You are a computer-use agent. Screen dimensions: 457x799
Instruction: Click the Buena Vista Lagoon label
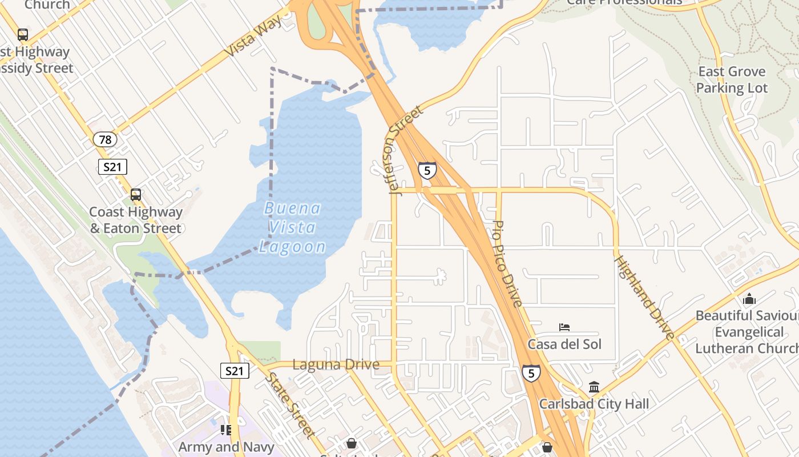(293, 227)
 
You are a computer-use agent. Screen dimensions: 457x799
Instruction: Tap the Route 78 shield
(105, 139)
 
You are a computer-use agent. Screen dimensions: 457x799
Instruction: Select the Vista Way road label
(254, 35)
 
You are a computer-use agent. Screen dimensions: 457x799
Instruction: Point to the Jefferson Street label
(406, 149)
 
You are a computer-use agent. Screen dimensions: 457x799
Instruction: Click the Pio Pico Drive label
(507, 263)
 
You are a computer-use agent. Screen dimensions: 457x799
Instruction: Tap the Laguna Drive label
(336, 364)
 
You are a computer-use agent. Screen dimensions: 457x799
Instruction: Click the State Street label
(290, 404)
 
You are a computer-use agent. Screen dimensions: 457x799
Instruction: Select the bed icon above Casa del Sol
(564, 327)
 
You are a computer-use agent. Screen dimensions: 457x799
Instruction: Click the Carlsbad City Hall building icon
(594, 387)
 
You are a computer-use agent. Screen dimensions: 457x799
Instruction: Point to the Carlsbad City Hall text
(594, 404)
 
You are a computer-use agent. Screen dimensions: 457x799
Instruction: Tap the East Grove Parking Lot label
(732, 80)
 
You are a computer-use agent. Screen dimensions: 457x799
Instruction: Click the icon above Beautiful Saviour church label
(749, 299)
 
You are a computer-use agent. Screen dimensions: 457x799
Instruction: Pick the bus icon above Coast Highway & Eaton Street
(136, 195)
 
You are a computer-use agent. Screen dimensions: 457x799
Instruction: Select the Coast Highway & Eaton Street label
(136, 220)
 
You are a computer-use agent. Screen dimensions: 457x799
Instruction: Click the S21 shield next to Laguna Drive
(234, 371)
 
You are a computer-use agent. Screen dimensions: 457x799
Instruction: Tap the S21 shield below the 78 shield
(112, 167)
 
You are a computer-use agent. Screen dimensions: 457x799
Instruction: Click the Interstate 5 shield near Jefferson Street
(427, 170)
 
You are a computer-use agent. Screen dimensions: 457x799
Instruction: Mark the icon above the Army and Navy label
(226, 430)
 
